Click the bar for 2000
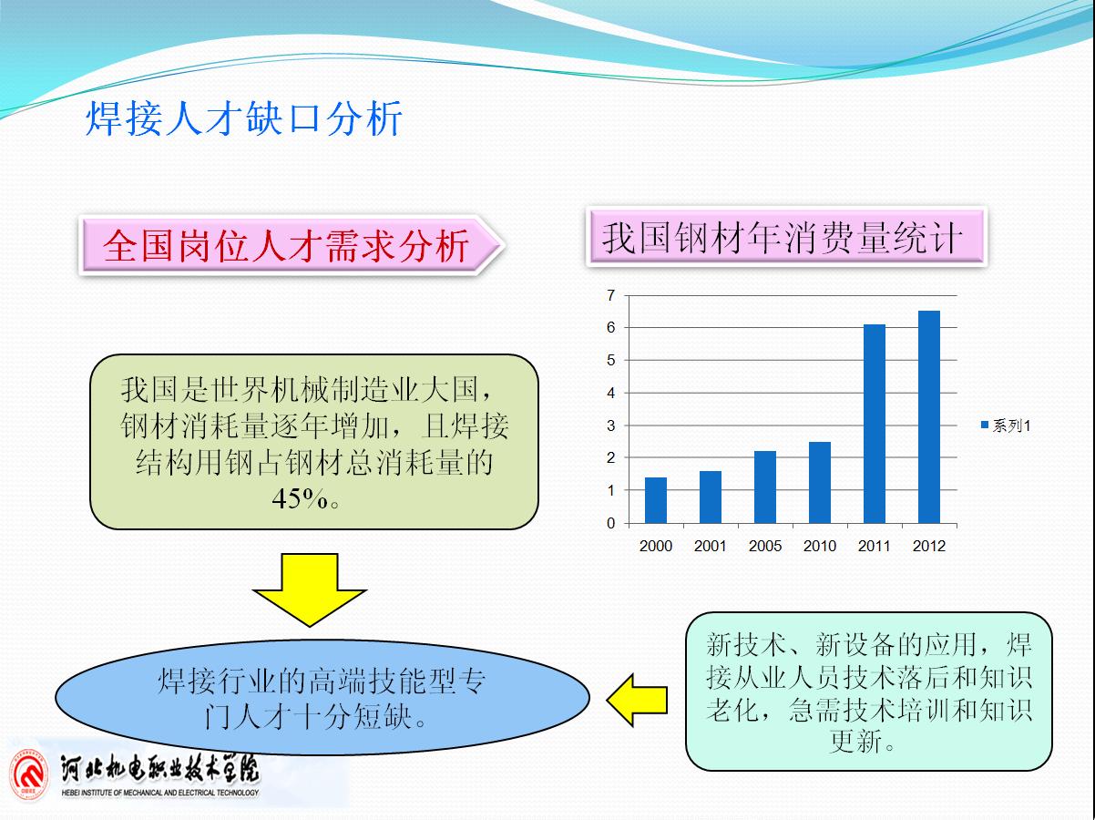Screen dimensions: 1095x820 click(656, 500)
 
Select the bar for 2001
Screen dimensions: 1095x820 click(711, 497)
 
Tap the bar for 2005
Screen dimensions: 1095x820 click(764, 487)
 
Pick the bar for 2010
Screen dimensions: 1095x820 click(820, 482)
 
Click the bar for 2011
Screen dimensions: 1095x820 click(874, 424)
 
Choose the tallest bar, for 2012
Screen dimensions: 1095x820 click(929, 417)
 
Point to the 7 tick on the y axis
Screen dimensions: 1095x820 click(611, 295)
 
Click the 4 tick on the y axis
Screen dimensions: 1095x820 click(611, 393)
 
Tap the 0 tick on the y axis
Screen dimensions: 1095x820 click(611, 523)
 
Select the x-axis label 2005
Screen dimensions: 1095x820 click(764, 546)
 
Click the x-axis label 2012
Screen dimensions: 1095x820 click(929, 546)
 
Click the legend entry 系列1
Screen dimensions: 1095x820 click(1006, 425)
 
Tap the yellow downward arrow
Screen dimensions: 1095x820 click(310, 589)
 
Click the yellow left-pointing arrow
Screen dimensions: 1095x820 click(637, 700)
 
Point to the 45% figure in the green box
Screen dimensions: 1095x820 click(300, 498)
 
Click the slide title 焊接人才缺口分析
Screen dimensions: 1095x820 click(244, 118)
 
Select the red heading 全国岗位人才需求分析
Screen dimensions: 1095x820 click(286, 245)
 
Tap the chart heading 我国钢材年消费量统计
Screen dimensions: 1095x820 click(782, 237)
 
